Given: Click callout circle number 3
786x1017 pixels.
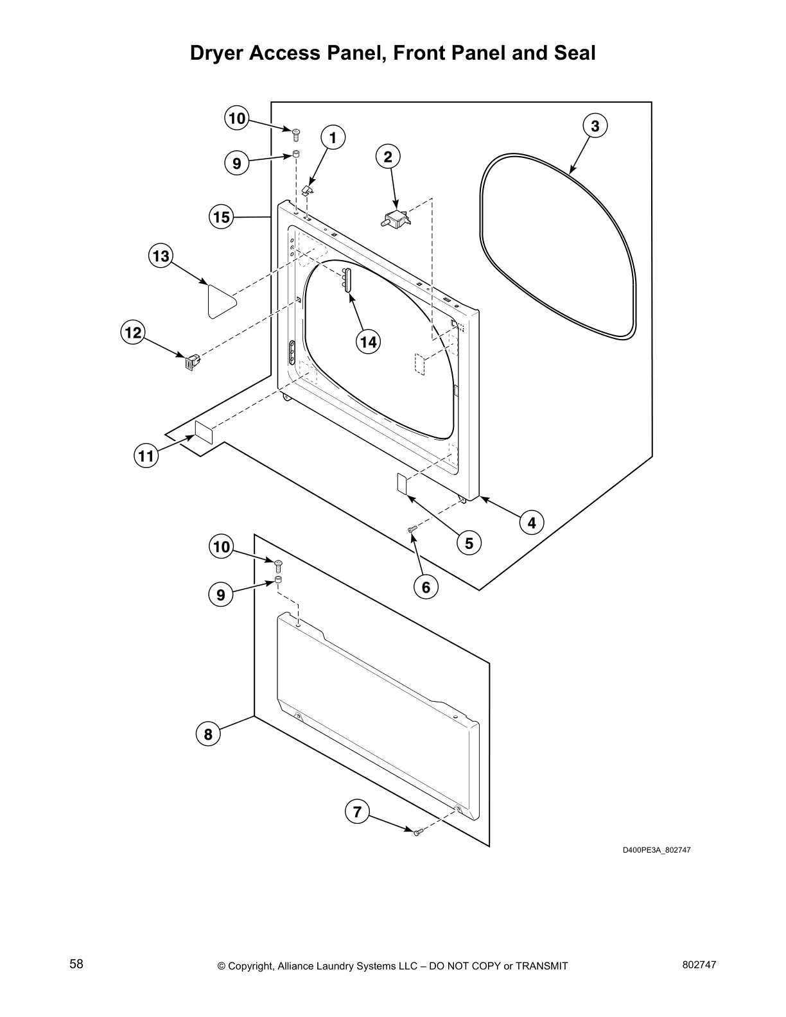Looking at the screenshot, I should point(595,126).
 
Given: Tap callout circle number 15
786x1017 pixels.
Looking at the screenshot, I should point(221,217).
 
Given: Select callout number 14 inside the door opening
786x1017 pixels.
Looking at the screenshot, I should point(368,342).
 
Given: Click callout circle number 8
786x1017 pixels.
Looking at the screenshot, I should point(208,733).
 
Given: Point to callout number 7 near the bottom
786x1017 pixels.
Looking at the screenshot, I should point(357,812).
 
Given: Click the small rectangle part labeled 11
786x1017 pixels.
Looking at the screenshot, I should point(203,431).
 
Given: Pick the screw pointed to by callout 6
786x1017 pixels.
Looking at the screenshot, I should point(412,528).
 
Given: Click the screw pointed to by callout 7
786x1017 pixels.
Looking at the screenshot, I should point(417,833).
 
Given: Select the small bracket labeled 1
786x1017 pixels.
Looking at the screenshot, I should point(308,189).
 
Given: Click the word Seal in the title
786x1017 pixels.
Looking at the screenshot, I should point(574,53).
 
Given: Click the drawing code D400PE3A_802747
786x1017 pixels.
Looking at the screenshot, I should point(656,850).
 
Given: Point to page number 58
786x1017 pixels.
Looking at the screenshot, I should point(76,964).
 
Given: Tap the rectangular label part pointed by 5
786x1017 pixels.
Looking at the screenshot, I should point(403,485).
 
